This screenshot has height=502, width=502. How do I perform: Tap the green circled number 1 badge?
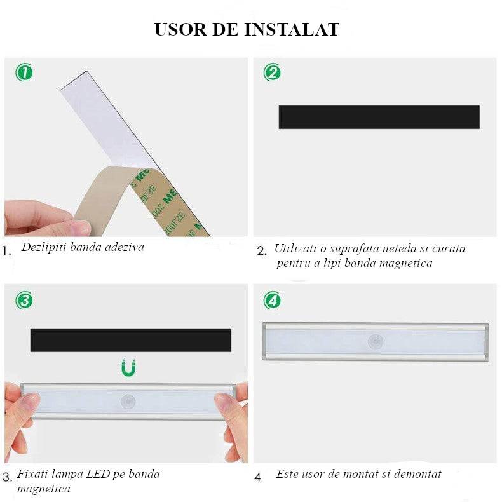pyautogui.click(x=24, y=72)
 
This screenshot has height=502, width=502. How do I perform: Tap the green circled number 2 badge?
pyautogui.click(x=272, y=72)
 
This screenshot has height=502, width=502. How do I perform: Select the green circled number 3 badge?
pyautogui.click(x=24, y=300)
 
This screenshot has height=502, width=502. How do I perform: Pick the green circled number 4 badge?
pyautogui.click(x=272, y=300)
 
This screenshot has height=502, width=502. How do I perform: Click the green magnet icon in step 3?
pyautogui.click(x=129, y=367)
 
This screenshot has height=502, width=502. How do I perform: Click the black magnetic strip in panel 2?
pyautogui.click(x=379, y=117)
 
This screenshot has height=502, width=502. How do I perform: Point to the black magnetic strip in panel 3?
pyautogui.click(x=130, y=340)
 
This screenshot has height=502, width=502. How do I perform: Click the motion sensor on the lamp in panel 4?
pyautogui.click(x=376, y=342)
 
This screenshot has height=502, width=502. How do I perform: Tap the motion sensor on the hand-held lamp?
pyautogui.click(x=129, y=402)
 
